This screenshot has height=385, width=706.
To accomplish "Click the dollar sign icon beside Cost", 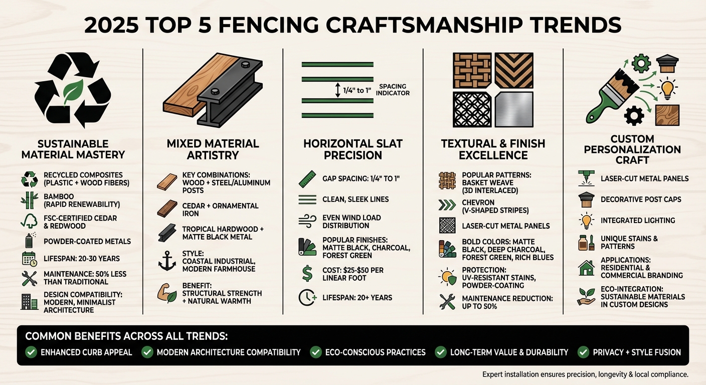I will click(307, 274).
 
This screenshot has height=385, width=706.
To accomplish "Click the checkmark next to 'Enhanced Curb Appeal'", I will click(31, 352).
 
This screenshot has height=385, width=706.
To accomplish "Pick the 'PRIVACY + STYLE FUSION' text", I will click(637, 352).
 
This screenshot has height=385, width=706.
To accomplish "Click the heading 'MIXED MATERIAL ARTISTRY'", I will click(213, 149).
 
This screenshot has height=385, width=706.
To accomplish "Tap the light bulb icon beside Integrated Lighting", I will click(586, 220).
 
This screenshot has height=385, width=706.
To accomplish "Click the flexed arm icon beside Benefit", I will click(166, 293).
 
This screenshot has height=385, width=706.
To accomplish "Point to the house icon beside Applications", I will click(586, 268).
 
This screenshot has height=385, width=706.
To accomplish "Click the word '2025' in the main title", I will click(111, 25).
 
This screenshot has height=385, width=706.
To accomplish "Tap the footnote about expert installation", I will click(585, 374).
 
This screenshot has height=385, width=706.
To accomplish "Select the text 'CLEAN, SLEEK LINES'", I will click(356, 200).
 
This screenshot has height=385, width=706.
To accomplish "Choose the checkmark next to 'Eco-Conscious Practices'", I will click(316, 352).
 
